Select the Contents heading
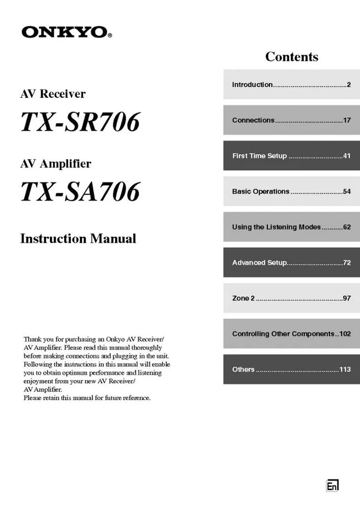click(291, 57)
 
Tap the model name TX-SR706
click(80, 122)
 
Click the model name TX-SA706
click(80, 191)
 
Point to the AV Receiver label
click(52, 94)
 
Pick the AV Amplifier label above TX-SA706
click(55, 164)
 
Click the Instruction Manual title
click(78, 239)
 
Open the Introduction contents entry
click(291, 85)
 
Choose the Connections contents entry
click(291, 120)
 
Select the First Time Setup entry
click(291, 156)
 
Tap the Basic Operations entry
click(291, 191)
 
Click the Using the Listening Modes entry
click(291, 227)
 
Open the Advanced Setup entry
click(291, 262)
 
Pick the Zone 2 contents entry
click(291, 298)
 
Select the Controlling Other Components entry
click(291, 334)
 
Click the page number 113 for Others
click(345, 369)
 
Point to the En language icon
click(332, 486)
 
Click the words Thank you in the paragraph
click(37, 339)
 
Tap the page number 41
click(347, 156)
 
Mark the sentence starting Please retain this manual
click(87, 398)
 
